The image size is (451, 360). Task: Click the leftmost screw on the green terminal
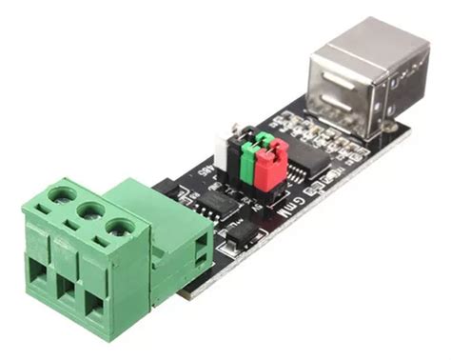(62, 195)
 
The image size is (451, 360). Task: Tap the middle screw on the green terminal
(91, 210)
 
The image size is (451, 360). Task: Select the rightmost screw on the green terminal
(120, 227)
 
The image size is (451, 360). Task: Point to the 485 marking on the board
(204, 170)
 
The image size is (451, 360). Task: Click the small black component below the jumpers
(242, 231)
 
